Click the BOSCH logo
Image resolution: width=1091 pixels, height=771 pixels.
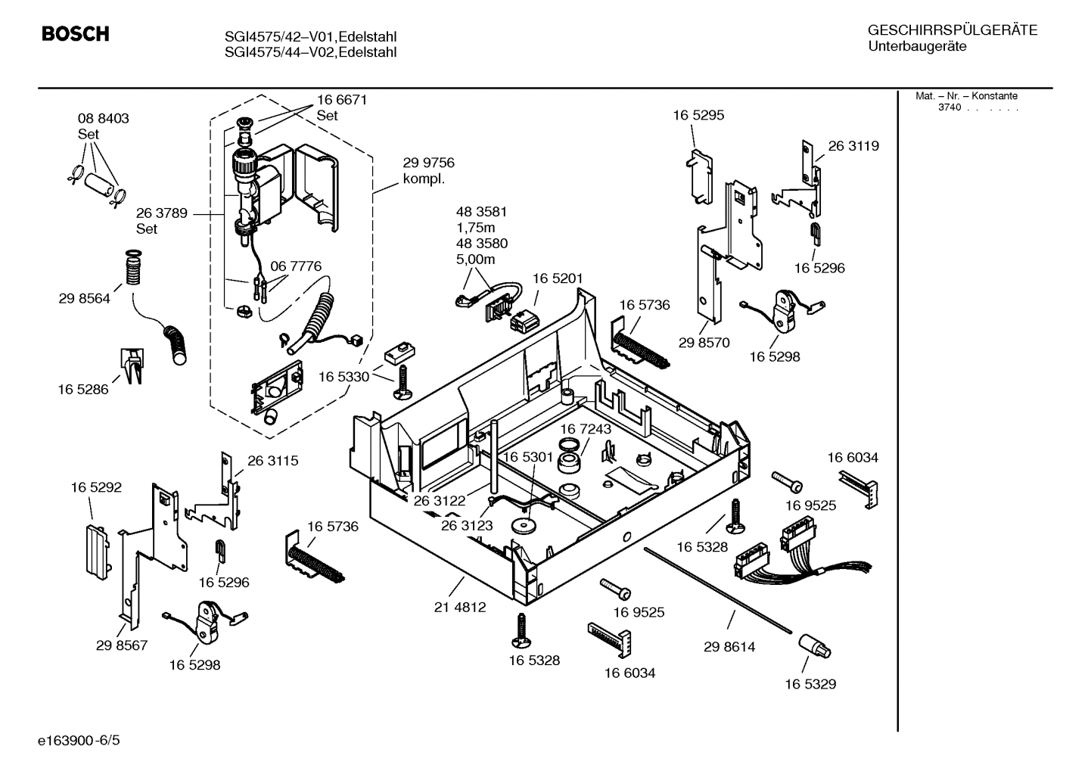coord(75,34)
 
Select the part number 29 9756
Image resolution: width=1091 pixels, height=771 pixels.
coord(428,163)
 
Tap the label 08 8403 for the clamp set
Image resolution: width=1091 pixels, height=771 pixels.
coord(103,118)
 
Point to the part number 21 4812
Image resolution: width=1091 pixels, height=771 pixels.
coord(460,607)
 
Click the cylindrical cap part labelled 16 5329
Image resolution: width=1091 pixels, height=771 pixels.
coord(814,647)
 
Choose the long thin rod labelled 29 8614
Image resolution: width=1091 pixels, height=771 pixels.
coord(719,589)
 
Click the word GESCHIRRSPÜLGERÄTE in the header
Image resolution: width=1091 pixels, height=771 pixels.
coord(952,30)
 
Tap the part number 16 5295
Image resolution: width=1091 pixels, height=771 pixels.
coord(698,115)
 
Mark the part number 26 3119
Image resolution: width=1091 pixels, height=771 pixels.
coord(853,146)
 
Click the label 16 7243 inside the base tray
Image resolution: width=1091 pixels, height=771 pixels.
coord(586,429)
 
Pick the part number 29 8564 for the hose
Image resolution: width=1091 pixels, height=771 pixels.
coord(84,299)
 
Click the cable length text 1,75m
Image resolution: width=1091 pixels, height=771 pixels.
coord(475,228)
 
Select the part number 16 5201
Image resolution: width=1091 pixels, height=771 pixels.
coord(558,278)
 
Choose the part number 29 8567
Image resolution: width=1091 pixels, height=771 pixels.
coord(122,645)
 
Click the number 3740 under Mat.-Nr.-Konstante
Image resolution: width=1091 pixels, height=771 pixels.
coord(949,107)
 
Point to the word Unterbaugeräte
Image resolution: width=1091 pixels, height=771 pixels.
coord(917,47)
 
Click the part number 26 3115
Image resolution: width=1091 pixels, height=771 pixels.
coord(272,460)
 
